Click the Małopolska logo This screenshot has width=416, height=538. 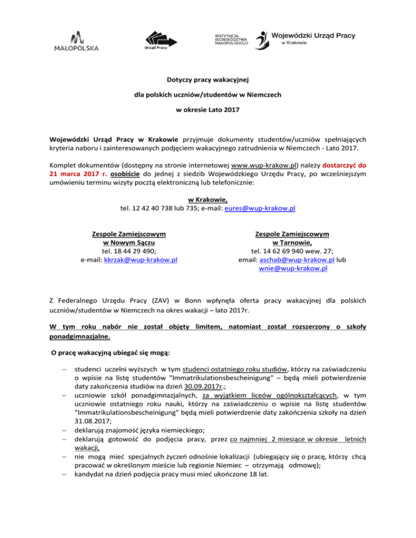(x=76, y=41)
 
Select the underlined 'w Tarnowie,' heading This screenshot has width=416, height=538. (x=293, y=242)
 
